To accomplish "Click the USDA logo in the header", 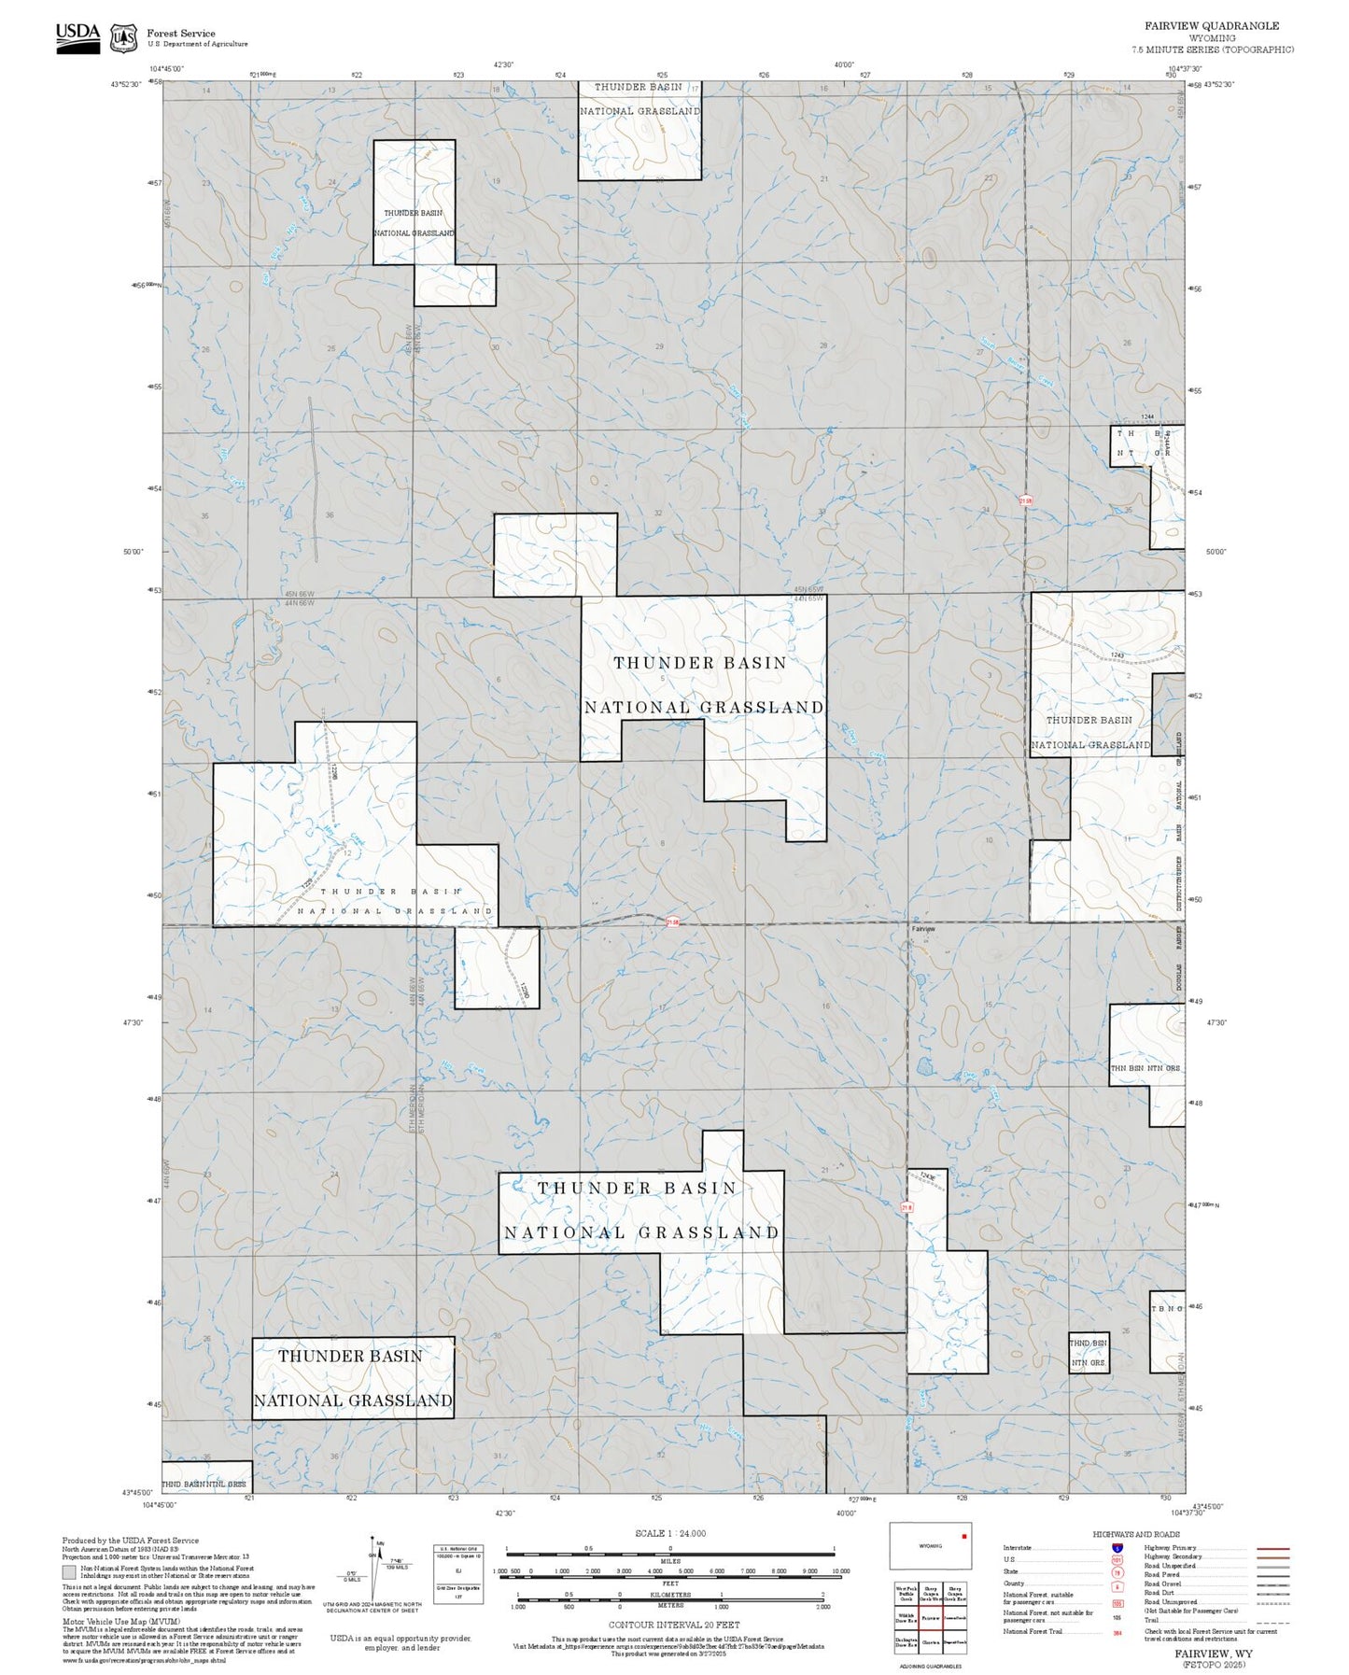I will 77,37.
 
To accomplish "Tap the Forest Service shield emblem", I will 123,38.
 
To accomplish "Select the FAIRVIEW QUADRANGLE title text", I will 1212,26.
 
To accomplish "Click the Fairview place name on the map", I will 923,929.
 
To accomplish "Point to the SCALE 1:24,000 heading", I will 670,1533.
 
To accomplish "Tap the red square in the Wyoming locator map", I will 963,1536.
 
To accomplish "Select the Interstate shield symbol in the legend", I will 1117,1548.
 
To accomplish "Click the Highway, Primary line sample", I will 1273,1548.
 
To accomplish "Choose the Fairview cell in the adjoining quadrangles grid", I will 931,1617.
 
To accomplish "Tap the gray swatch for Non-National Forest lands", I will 69,1572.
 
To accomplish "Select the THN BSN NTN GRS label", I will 1145,1068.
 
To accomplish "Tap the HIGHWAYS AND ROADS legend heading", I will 1136,1535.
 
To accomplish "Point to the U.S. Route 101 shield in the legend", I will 1117,1559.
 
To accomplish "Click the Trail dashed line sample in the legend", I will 1273,1623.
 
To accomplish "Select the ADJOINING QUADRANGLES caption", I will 931,1666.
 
